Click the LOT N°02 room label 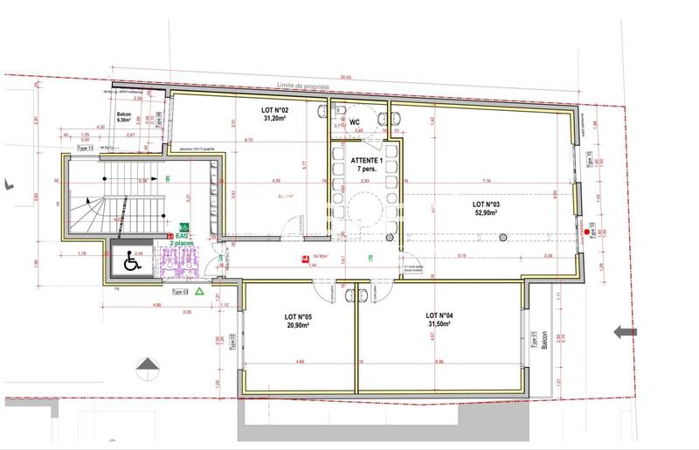(275, 112)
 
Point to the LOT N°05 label (299, 316)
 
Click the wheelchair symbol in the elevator (133, 260)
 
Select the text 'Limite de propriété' (303, 85)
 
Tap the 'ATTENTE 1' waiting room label (367, 162)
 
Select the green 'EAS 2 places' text (183, 239)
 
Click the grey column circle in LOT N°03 (503, 237)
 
